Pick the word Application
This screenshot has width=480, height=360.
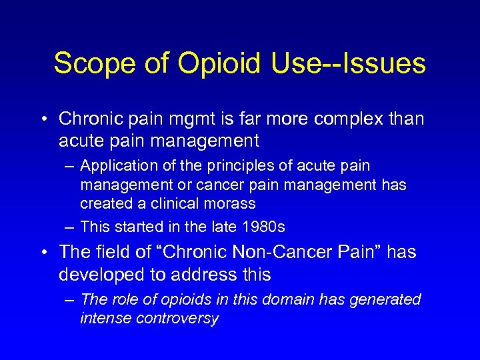click(117, 165)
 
